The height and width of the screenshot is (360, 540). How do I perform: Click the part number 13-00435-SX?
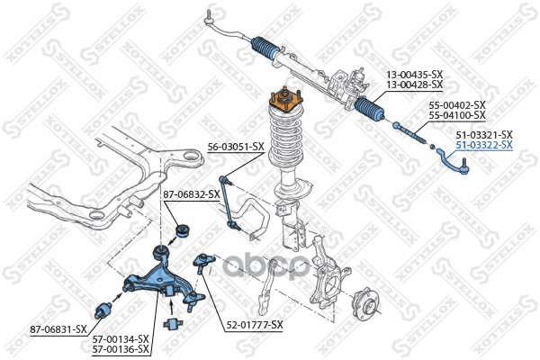pos(414,74)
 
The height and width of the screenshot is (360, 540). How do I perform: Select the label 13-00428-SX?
pos(414,85)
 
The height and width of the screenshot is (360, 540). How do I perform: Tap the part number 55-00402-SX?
pos(457,105)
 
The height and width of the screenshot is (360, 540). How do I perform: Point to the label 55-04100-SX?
pos(457,115)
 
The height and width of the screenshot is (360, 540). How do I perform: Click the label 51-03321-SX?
pos(484,135)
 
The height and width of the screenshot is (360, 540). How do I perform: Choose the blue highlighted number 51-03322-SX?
pos(484,145)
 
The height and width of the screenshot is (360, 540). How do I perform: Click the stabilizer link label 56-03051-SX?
pos(236,147)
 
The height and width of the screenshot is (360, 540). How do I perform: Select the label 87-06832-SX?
pos(192,194)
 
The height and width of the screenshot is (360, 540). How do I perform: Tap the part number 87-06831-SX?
pos(58,329)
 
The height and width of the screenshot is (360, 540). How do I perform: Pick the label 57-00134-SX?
pos(121,339)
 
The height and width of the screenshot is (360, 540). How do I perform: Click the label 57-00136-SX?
pos(121,349)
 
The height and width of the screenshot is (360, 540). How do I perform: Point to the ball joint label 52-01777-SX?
pos(255,325)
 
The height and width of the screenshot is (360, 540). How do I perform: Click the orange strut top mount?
pos(286,100)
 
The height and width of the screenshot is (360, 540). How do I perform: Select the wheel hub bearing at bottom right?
pos(365,304)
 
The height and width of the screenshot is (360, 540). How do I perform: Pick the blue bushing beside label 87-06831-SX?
pos(103,310)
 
